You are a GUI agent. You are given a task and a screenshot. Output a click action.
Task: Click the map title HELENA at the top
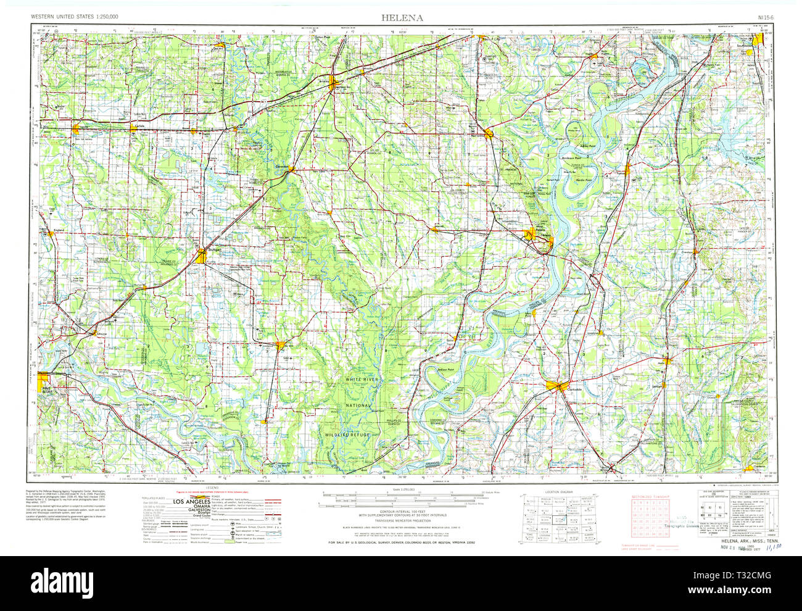[402, 17]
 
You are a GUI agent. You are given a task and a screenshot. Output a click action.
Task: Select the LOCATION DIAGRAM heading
[559, 492]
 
